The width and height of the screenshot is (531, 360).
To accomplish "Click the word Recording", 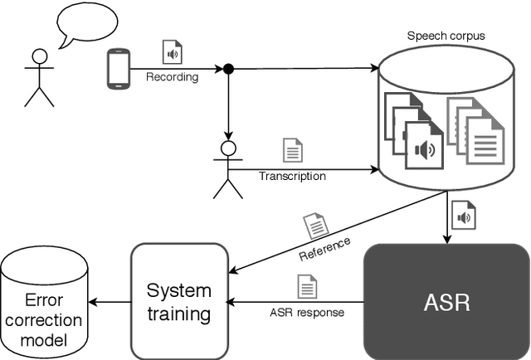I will pos(173,78).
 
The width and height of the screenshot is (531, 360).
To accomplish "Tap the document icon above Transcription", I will pos(292,150).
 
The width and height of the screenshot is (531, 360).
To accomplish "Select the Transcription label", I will pos(292,176).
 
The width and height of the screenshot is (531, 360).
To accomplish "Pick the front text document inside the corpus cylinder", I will pos(485,141).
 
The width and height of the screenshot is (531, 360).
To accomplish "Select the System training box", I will pos(178,301).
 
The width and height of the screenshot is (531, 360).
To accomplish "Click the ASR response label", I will pos(306,314).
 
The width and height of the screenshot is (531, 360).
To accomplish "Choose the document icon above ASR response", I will pos(306,288).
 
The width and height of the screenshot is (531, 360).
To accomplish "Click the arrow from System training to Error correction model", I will pos(110,302).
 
